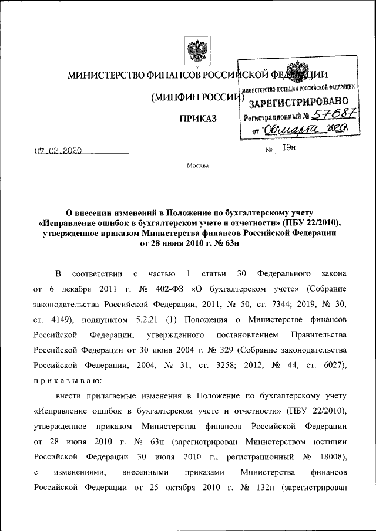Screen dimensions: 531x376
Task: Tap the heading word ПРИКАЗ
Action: pyautogui.click(x=197, y=119)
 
